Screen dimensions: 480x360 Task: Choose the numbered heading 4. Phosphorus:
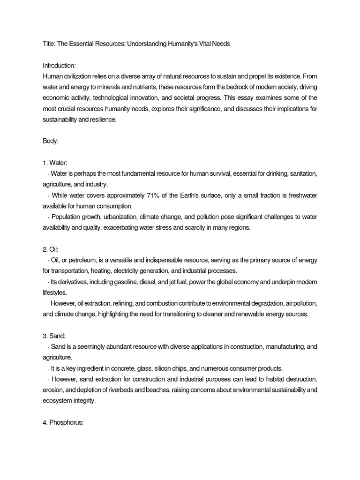[x=63, y=422]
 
